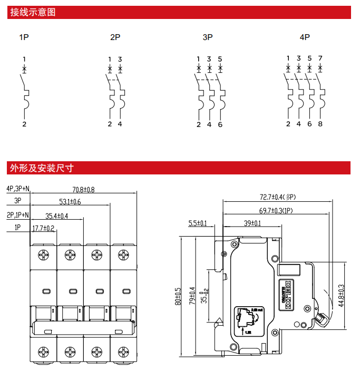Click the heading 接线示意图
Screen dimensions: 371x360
coord(32,12)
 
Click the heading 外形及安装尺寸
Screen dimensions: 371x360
coord(41,168)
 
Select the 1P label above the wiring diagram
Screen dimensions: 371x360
coord(23,37)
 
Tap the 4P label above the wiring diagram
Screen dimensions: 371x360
coord(305,37)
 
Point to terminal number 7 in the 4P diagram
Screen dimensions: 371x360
coord(320,58)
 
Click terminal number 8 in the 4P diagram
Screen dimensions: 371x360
coord(320,124)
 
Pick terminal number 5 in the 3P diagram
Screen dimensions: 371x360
coord(220,58)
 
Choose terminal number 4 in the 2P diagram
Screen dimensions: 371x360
coord(120,124)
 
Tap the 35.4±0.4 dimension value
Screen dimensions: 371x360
coord(57,216)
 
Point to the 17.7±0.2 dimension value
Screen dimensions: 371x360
coord(44,228)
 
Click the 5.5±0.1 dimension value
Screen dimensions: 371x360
coord(198,223)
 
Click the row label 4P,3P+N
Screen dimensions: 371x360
coord(17,189)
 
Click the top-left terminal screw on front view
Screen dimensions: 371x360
coord(43,256)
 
